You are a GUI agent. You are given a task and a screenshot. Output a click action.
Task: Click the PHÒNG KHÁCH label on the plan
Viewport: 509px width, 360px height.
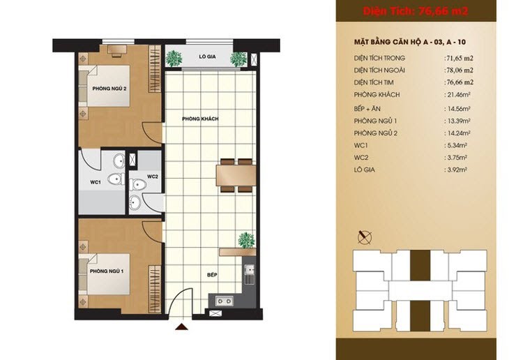coord(200,119)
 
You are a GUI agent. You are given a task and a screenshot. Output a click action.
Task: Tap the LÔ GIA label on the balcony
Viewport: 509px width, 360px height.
coord(207,57)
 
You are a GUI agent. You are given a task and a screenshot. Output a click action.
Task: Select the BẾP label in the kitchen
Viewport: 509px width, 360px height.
coord(212,275)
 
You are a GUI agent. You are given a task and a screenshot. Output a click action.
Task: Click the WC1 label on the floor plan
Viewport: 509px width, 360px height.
coord(96,182)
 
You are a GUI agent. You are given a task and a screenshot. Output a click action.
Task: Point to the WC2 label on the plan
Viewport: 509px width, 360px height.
coord(153,177)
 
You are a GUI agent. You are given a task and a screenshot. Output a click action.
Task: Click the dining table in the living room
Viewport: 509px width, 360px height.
coord(236,175)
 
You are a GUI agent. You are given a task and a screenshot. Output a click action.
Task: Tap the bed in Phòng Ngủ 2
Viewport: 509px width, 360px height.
coord(104,86)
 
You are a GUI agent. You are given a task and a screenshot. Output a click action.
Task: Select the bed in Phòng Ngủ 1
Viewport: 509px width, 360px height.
coord(104,274)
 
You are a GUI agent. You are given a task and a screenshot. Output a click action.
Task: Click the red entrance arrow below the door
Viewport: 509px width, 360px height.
coord(181,327)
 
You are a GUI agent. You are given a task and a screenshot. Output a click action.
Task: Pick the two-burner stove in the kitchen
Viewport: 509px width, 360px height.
coord(224,301)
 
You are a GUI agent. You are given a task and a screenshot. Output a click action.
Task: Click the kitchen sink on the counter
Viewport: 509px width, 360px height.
coord(250,270)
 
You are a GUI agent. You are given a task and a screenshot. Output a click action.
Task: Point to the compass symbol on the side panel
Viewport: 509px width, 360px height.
coord(365,237)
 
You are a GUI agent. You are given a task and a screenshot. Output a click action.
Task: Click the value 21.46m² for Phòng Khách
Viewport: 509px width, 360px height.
coord(457,95)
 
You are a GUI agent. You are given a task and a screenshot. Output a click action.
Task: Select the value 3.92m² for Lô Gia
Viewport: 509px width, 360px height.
coord(456,170)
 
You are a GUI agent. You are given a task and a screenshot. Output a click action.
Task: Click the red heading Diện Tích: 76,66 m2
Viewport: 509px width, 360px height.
coord(415,11)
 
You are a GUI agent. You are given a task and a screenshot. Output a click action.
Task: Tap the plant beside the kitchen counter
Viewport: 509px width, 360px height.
coord(247,241)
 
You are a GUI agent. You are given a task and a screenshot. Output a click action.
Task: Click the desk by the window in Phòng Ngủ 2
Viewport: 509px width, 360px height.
coord(116,50)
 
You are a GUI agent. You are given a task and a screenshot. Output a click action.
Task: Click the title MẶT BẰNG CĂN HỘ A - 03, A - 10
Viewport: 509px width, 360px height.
coord(410,43)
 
